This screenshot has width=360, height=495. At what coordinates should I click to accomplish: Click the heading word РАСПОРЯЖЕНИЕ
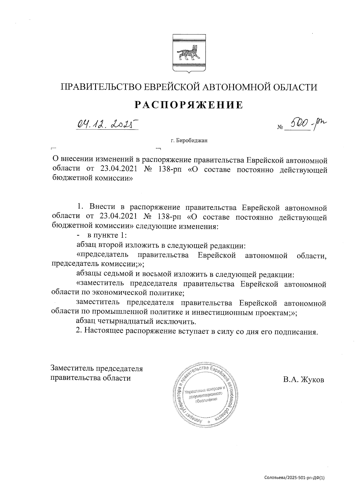[x=189, y=105]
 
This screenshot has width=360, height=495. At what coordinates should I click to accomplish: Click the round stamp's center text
[x=205, y=396]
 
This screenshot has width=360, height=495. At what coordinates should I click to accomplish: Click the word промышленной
[x=117, y=312]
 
